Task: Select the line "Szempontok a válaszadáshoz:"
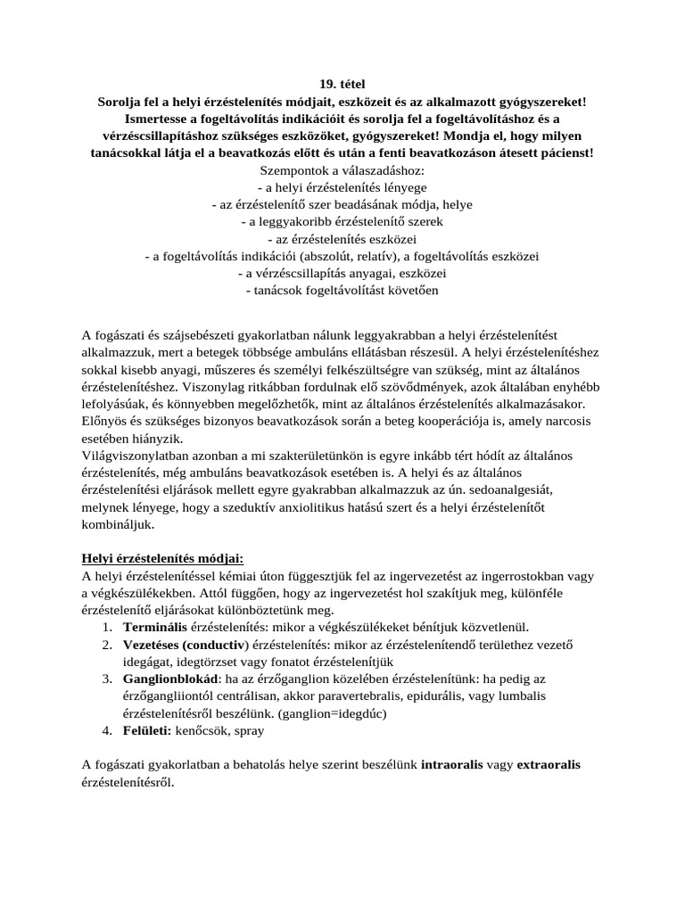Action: coord(342,170)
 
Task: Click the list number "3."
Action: coord(105,679)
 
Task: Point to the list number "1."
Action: coord(105,628)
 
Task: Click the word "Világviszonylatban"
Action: coord(136,456)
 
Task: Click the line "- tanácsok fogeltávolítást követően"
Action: coord(342,290)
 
